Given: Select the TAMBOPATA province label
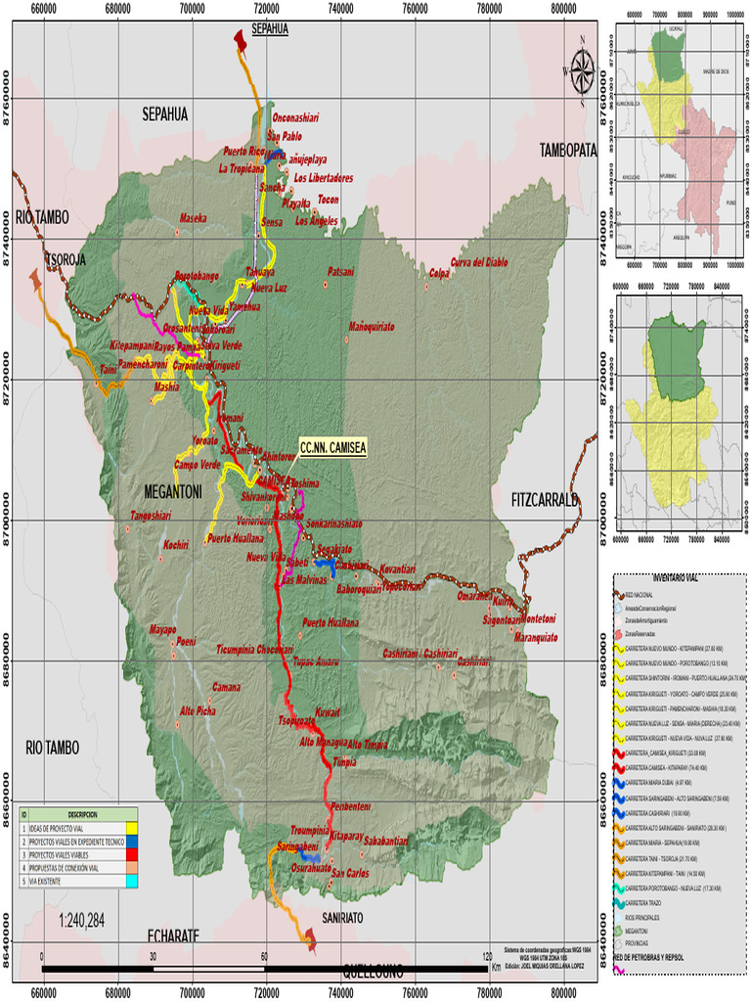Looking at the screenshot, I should [x=568, y=150].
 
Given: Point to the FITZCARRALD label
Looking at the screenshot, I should [x=545, y=500].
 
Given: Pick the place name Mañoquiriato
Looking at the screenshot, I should [x=371, y=326].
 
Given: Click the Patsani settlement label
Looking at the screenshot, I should [x=339, y=271].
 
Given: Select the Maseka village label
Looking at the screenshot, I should [x=193, y=218].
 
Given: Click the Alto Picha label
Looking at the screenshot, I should [x=199, y=710].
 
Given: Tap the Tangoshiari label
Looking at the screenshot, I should [x=151, y=516].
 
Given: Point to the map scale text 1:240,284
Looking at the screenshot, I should [x=82, y=920].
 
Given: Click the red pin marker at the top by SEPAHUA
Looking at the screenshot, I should [x=240, y=38].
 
